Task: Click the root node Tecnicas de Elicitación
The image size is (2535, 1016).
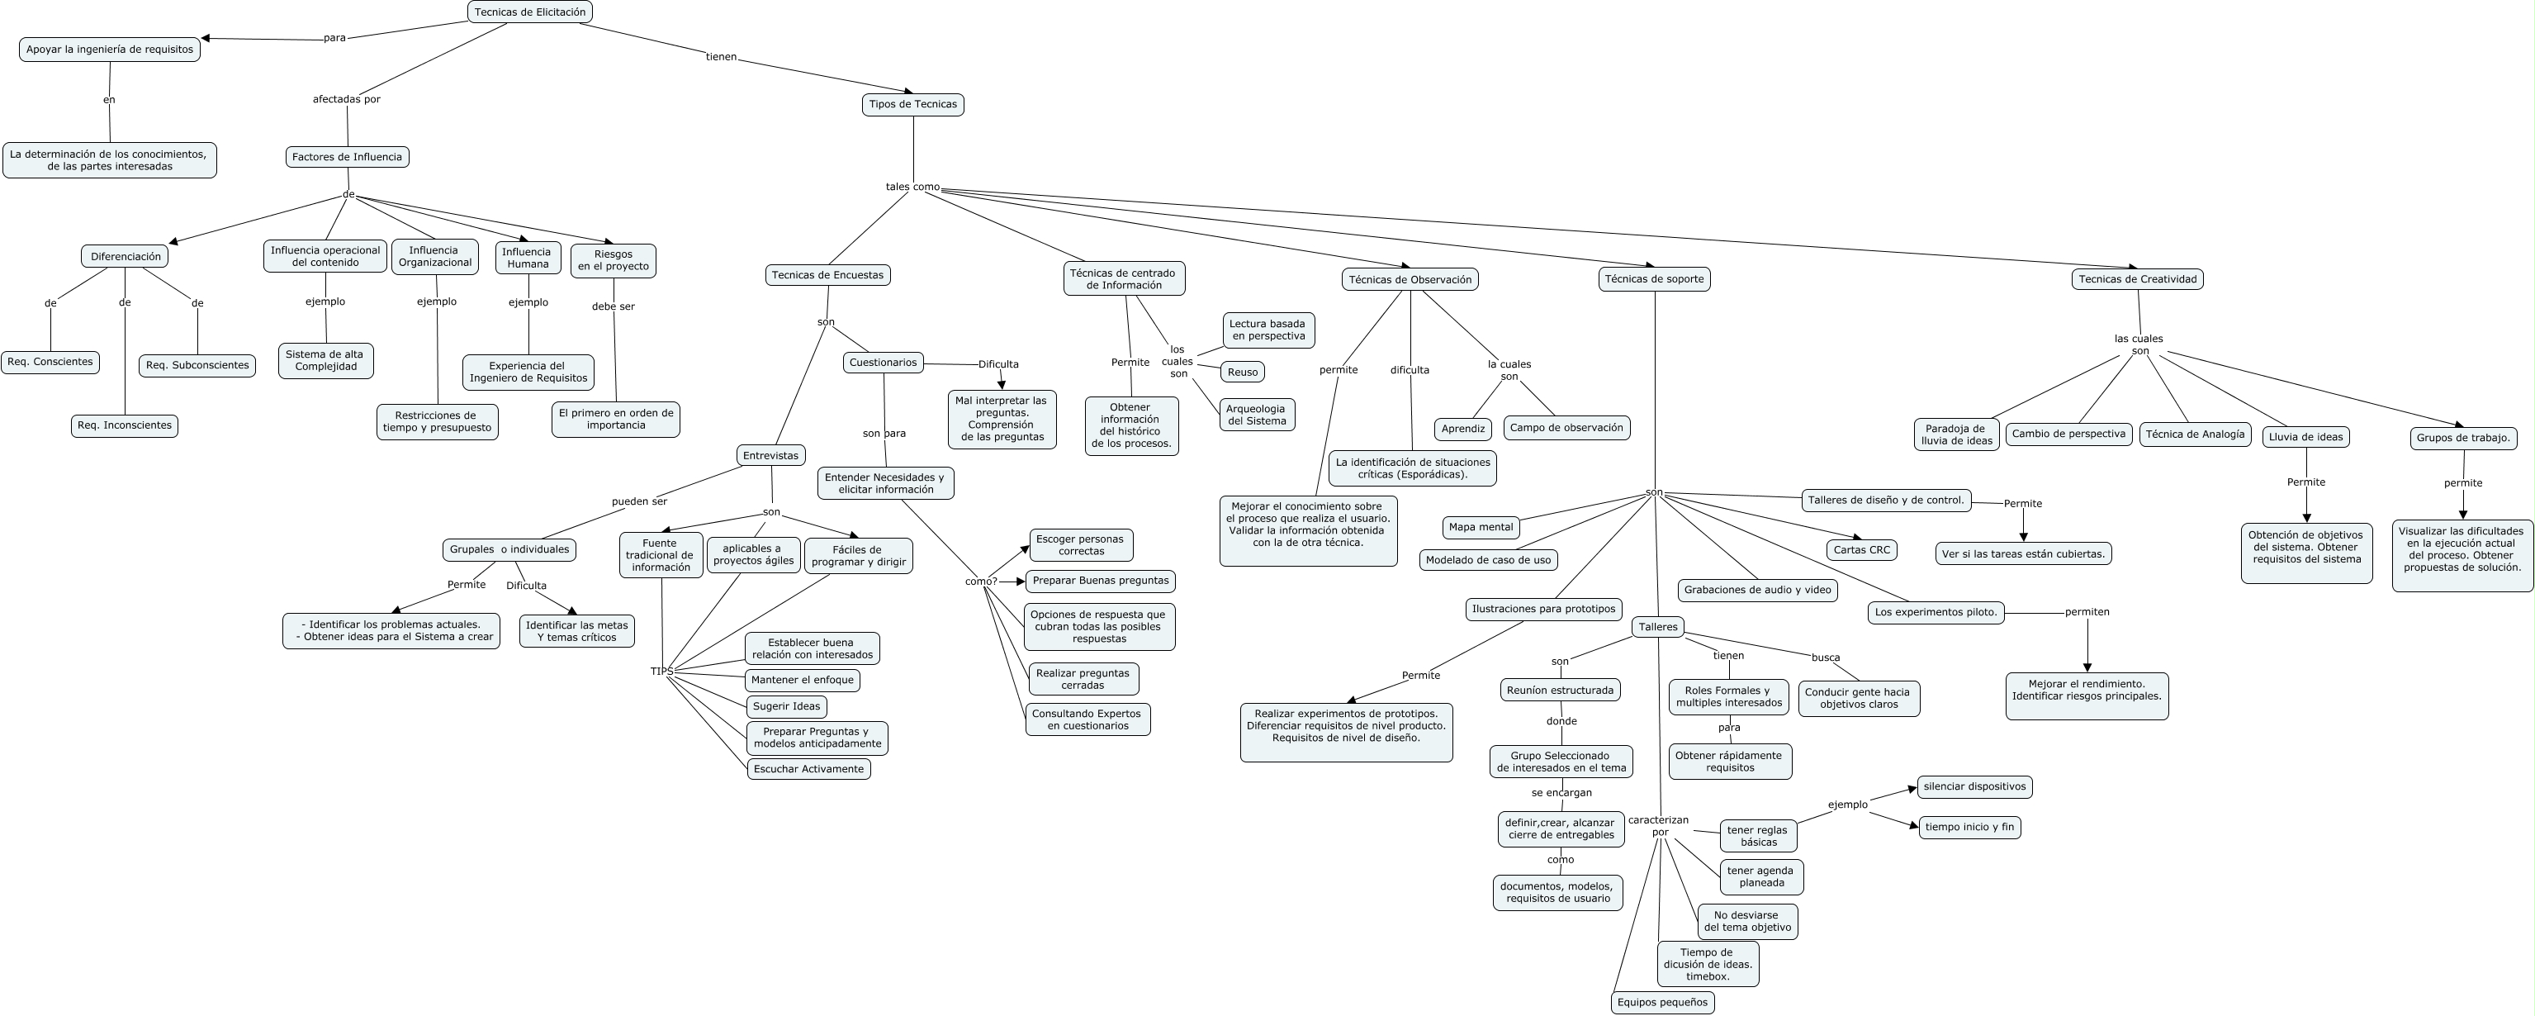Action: tap(529, 12)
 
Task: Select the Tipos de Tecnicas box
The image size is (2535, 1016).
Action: tap(912, 104)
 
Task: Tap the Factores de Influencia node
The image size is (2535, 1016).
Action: tap(347, 157)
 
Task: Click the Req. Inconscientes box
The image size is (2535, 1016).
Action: tap(124, 426)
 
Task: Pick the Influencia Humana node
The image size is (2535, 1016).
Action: tap(528, 258)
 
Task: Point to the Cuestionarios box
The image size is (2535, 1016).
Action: tap(883, 363)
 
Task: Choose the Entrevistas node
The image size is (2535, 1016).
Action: tap(770, 456)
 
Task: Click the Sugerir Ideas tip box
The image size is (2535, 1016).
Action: tap(786, 707)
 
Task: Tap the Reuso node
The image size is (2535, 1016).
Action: tap(1242, 373)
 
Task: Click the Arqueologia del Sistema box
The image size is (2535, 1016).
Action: tap(1257, 415)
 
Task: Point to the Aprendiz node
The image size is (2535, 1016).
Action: tap(1462, 430)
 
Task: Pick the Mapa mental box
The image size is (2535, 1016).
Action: tap(1480, 528)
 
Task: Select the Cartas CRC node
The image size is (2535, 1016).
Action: tap(1861, 550)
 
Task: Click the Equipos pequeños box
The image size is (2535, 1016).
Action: tap(1662, 1002)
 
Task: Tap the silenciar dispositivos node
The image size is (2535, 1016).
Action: tap(1974, 786)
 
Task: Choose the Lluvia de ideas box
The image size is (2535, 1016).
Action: tap(2305, 437)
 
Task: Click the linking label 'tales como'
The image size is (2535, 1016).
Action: tap(912, 187)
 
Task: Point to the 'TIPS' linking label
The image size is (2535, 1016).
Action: tap(662, 672)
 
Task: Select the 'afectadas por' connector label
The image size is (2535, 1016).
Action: tap(347, 99)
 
